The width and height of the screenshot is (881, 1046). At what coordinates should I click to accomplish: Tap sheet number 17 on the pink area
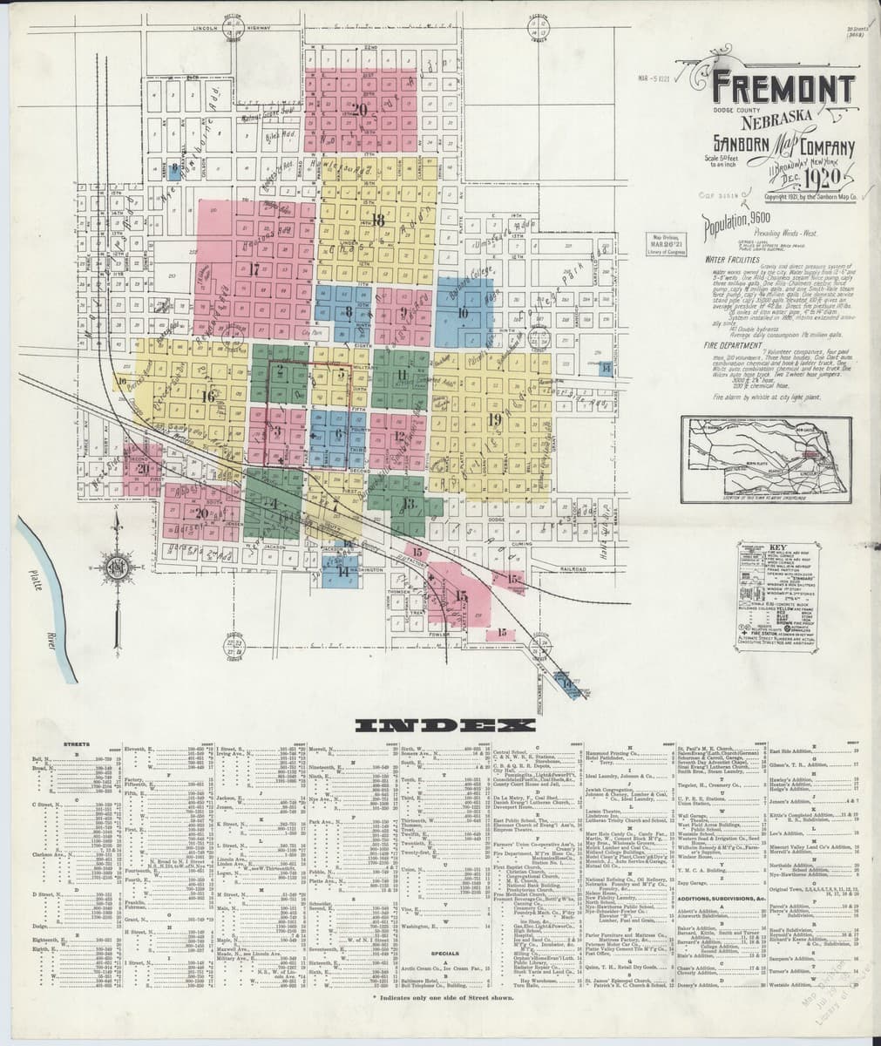point(254,268)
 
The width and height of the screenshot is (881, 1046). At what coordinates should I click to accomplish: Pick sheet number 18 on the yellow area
point(377,220)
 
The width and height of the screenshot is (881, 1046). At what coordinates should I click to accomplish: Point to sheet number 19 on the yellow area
point(496,420)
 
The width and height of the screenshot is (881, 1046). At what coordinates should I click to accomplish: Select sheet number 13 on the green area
point(408,504)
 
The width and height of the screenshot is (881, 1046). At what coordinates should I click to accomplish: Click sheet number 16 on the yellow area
point(207,396)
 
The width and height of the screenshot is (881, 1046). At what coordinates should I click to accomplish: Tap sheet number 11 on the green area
point(402,375)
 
